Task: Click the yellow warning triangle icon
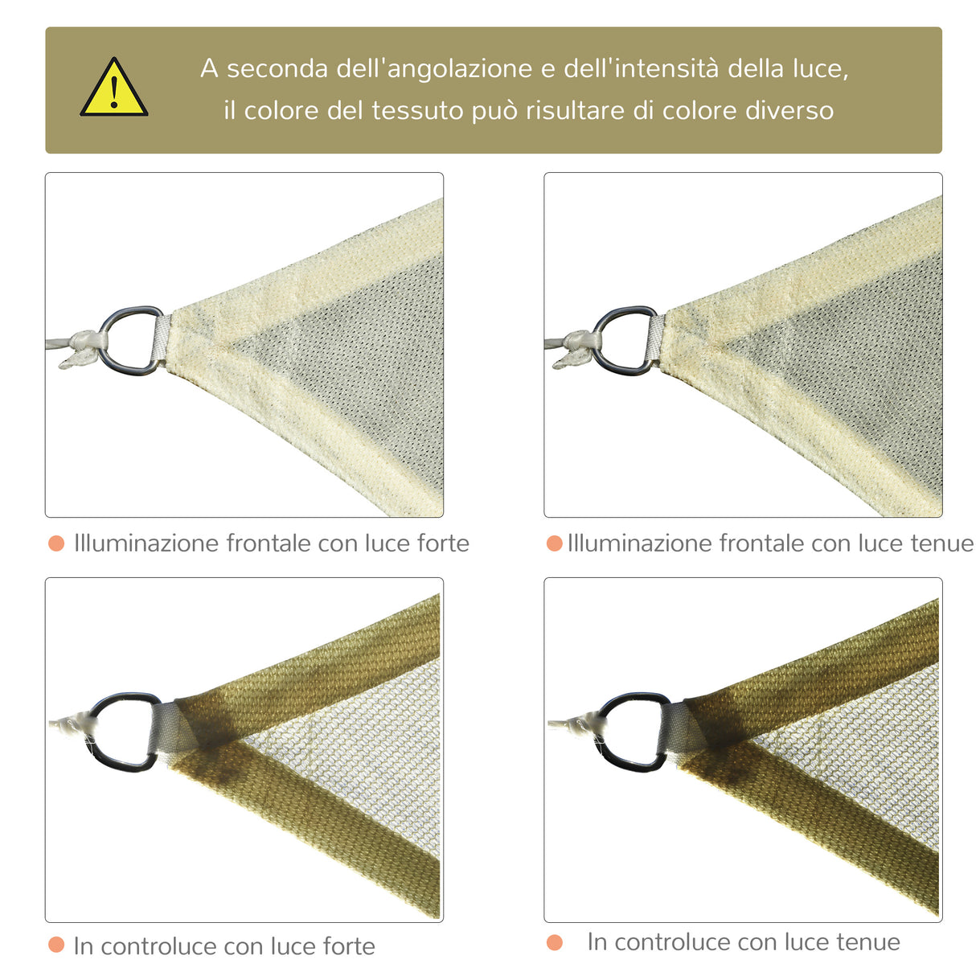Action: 113,88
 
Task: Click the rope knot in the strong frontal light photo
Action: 81,347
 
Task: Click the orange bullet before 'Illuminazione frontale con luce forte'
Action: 56,543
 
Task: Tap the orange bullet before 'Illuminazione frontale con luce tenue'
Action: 554,543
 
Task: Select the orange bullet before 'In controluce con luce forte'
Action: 56,945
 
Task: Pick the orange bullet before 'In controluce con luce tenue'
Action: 554,942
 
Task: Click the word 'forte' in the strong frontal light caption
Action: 443,543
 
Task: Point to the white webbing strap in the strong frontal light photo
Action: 161,340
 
